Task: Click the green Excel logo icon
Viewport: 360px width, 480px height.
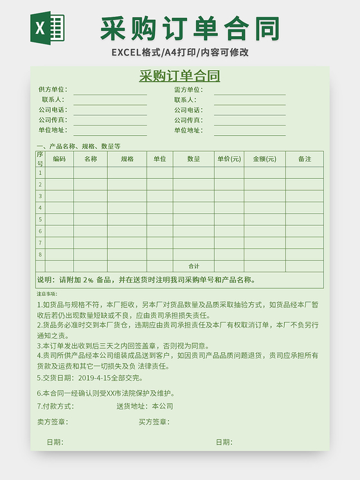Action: (x=48, y=28)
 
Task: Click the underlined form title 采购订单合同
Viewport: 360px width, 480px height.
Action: (x=179, y=76)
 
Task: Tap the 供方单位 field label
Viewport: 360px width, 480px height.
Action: (x=52, y=89)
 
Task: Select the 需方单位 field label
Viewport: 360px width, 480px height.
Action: (x=188, y=89)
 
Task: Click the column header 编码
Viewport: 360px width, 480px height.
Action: (x=59, y=159)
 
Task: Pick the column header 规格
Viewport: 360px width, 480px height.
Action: (x=127, y=159)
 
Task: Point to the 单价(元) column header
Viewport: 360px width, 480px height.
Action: (x=229, y=159)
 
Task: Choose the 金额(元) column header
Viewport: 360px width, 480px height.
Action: (x=264, y=159)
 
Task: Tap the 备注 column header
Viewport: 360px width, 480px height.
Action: (x=304, y=159)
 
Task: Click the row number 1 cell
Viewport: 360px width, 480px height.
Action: (x=40, y=172)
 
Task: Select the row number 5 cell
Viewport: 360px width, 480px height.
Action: (x=40, y=219)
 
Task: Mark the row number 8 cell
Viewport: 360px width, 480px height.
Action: (x=40, y=254)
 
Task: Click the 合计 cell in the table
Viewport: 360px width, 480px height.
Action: (x=194, y=266)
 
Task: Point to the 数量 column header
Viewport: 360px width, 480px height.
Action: (x=194, y=159)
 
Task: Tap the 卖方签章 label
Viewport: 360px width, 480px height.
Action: (x=53, y=422)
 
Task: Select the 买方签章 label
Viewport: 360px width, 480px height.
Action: (x=154, y=422)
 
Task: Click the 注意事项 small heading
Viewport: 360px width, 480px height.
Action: (x=47, y=294)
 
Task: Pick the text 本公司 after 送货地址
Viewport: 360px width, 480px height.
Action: (x=163, y=406)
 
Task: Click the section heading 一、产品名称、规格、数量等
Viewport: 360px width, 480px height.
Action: (x=78, y=146)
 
